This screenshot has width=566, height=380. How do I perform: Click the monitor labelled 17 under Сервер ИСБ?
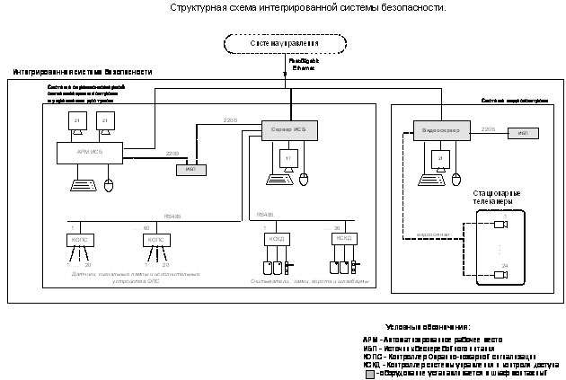(287, 158)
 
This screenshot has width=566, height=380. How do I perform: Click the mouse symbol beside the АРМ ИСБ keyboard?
(110, 186)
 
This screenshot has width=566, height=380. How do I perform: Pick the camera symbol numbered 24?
(502, 275)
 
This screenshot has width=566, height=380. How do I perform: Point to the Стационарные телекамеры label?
(497, 199)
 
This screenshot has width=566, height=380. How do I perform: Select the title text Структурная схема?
(306, 7)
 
